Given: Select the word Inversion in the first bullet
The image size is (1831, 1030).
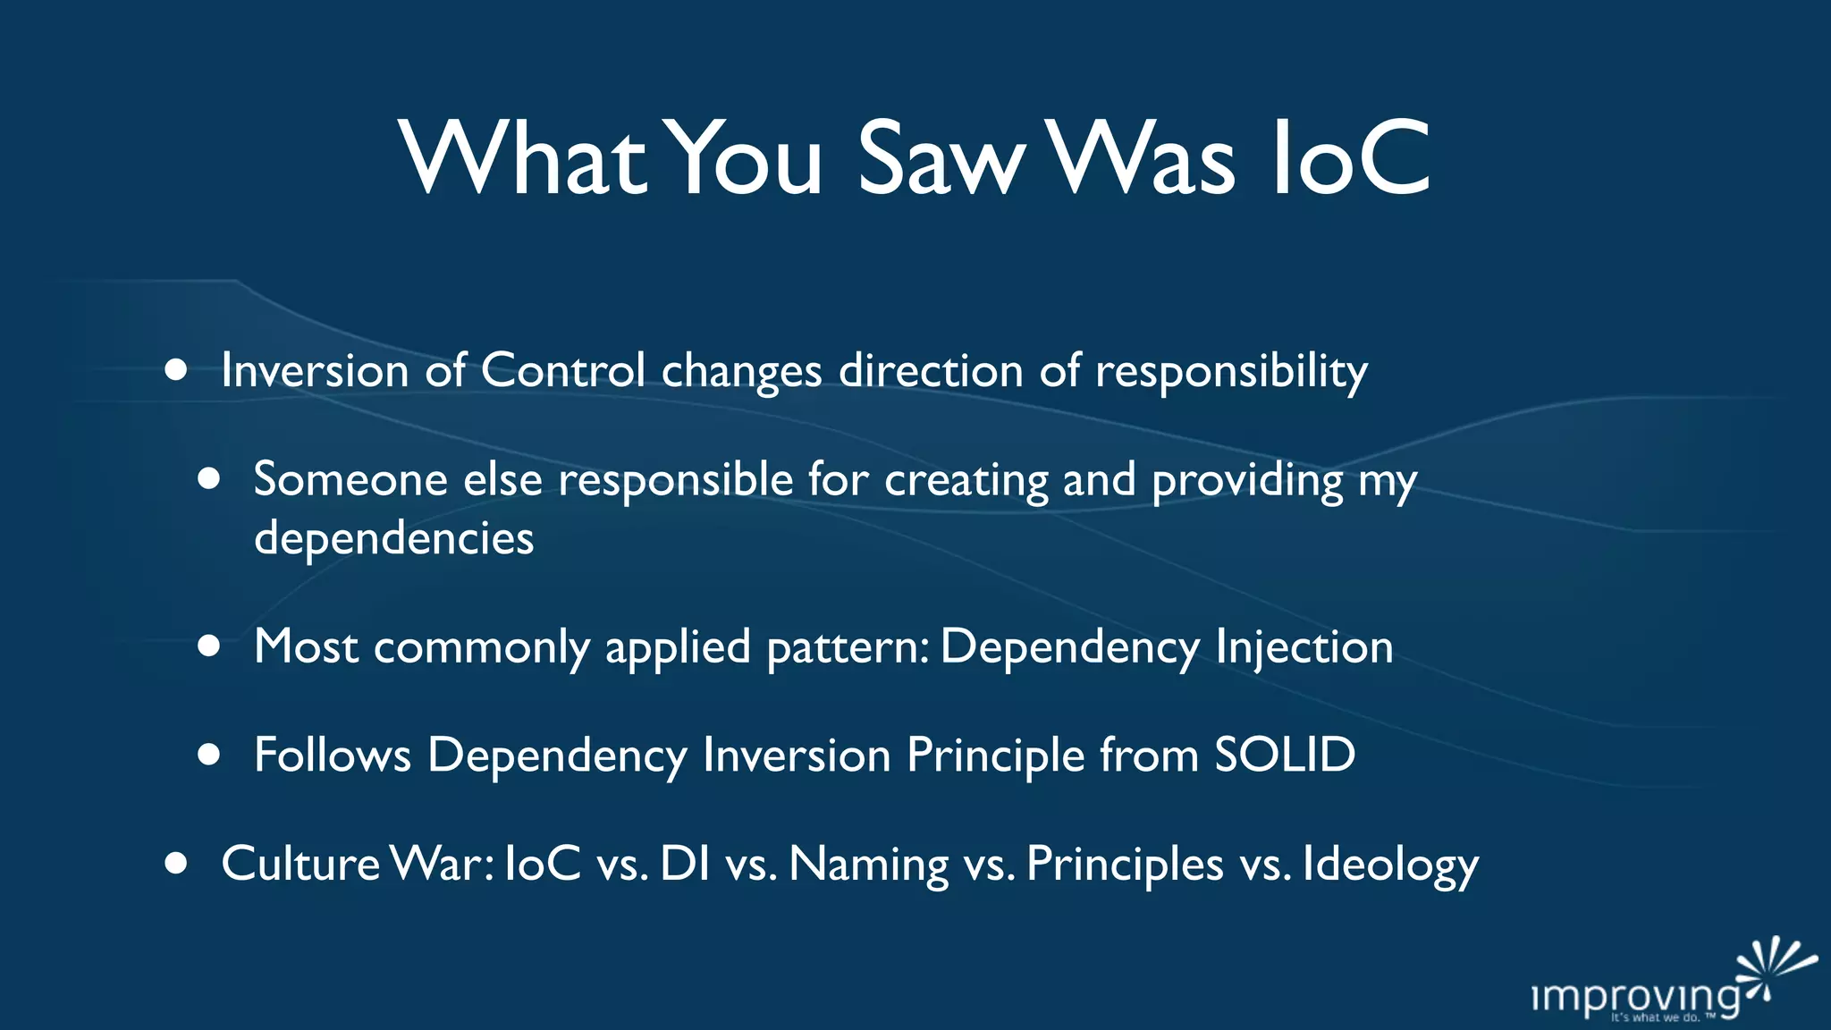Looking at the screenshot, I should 315,370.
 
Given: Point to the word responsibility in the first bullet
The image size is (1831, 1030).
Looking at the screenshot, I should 1231,372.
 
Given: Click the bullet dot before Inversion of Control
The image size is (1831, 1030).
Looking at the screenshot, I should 176,370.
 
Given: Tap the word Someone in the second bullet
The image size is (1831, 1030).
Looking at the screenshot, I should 350,479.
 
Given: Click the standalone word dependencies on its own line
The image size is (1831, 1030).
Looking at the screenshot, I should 393,538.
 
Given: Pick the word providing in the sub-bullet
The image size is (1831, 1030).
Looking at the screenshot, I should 1247,481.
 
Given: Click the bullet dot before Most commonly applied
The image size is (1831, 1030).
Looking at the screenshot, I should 209,646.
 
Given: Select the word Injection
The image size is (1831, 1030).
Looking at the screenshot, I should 1304,647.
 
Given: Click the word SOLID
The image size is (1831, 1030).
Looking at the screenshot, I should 1285,755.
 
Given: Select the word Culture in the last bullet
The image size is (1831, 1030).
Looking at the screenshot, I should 300,864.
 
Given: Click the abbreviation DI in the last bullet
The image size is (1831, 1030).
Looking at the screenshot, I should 686,864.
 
